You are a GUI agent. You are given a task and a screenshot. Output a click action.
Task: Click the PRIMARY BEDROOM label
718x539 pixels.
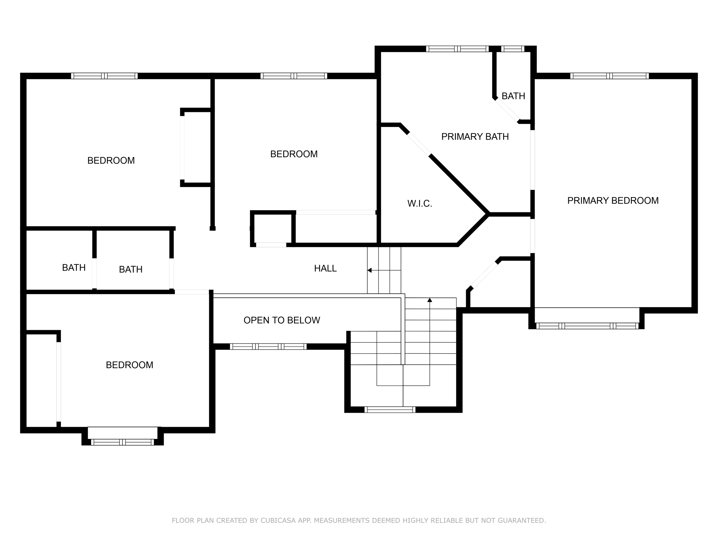point(612,201)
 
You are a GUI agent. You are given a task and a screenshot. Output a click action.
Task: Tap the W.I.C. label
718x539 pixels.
point(419,204)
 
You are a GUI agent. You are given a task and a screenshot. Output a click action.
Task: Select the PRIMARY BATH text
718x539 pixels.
point(475,137)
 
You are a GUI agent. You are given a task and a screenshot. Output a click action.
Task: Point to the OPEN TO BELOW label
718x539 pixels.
point(282,320)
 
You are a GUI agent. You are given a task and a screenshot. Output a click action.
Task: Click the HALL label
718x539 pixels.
point(325,268)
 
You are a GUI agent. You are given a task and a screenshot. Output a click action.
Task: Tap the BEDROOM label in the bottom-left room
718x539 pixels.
point(129,365)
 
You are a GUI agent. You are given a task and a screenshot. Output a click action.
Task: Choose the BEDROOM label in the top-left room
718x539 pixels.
point(111,160)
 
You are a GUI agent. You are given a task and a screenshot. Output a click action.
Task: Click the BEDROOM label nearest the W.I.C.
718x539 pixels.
point(294,154)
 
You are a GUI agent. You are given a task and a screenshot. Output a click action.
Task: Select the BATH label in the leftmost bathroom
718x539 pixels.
point(74,268)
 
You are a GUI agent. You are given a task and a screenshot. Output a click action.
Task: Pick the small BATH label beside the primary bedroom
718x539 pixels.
point(513,96)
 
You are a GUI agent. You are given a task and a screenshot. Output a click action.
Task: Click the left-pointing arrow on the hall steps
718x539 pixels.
point(370,270)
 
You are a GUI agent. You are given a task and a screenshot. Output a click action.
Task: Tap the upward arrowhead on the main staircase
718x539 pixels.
point(429,300)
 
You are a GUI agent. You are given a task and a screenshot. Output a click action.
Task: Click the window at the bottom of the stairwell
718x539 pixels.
point(390,410)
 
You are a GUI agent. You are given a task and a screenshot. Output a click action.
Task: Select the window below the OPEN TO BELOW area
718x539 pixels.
point(268,347)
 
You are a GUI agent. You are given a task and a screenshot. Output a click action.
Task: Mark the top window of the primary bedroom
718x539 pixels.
point(609,76)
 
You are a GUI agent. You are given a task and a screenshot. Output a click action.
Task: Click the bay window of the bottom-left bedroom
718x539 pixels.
point(122,442)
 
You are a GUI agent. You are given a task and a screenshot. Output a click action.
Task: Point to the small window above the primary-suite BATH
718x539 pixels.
point(512,49)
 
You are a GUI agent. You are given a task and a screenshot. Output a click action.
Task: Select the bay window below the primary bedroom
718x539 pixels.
point(587,326)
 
